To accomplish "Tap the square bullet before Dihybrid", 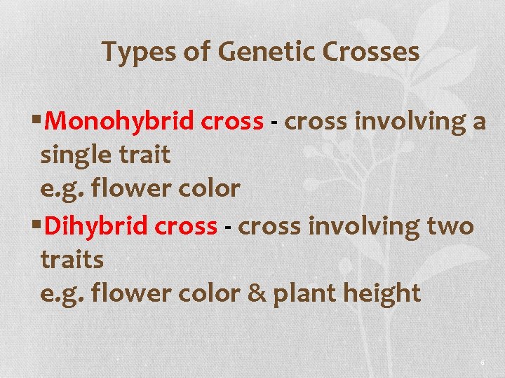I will pyautogui.click(x=37, y=226).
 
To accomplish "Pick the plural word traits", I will pyautogui.click(x=72, y=260).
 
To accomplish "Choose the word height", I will pyautogui.click(x=382, y=294).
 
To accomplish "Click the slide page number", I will pyautogui.click(x=483, y=362).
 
